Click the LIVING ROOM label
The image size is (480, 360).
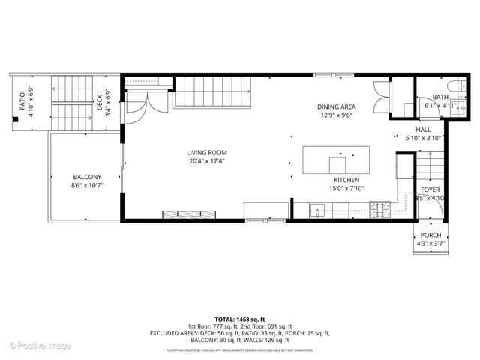(207, 153)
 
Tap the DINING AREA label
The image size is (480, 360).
(336, 107)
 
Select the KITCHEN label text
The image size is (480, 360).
(346, 180)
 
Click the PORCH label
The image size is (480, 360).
(430, 235)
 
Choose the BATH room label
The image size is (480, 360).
(440, 97)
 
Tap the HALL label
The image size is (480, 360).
(424, 130)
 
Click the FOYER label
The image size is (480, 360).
(430, 190)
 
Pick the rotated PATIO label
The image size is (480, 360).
(22, 100)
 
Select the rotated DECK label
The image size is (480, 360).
(99, 100)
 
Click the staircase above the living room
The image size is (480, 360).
(205, 93)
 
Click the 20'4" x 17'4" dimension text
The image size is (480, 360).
(207, 161)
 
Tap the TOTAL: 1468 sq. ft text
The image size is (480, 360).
(239, 319)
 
